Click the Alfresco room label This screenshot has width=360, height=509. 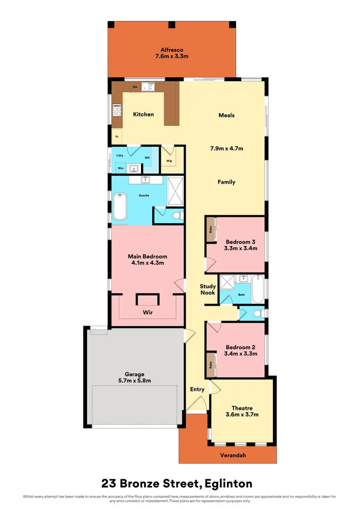tap(172, 49)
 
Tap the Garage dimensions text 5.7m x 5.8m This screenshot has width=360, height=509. tap(135, 380)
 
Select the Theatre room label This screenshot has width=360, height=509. tap(242, 408)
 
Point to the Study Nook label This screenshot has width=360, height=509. tap(208, 289)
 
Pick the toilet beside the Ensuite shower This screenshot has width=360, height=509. tap(176, 215)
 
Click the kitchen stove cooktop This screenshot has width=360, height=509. tap(117, 111)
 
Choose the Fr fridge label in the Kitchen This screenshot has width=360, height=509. tap(117, 137)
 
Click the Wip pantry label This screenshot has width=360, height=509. tap(169, 161)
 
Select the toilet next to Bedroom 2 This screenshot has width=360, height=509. tap(257, 313)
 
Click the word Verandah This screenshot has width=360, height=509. tap(234, 455)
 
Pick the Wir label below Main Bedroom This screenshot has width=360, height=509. tap(147, 312)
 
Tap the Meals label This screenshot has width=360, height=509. tap(227, 115)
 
